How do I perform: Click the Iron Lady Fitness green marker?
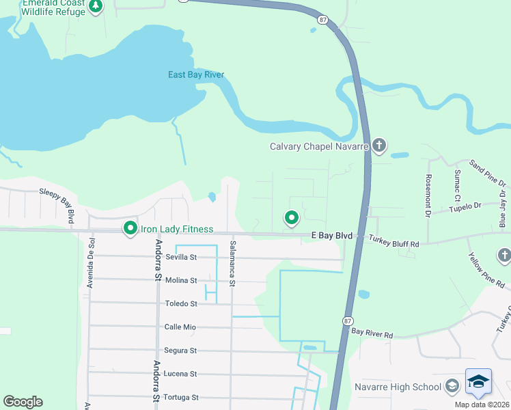click(x=130, y=228)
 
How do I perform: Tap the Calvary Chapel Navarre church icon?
click(x=379, y=146)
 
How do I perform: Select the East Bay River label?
click(x=196, y=74)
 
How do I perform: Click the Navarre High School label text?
click(x=398, y=387)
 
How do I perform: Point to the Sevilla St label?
click(x=181, y=258)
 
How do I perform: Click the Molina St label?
click(x=181, y=280)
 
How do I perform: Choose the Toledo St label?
click(x=181, y=303)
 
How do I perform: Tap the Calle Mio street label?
click(x=180, y=327)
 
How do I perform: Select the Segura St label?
click(x=181, y=351)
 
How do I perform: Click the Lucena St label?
click(x=181, y=374)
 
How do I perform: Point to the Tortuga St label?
click(x=181, y=397)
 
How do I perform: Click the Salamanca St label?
click(x=233, y=263)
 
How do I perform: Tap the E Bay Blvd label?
click(x=332, y=236)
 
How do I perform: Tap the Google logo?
click(x=23, y=402)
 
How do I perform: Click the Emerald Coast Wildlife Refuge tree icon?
click(x=96, y=8)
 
